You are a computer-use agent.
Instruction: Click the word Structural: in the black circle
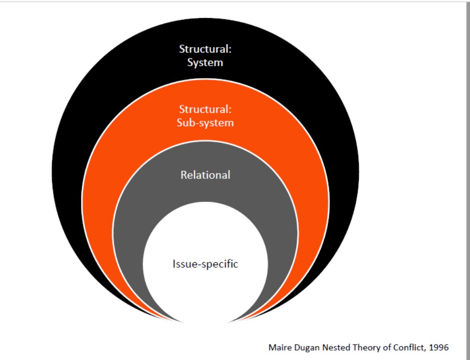(205, 49)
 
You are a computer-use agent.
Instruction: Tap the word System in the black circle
(205, 63)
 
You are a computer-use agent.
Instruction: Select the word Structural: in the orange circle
(205, 110)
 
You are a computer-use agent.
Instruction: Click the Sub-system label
(205, 123)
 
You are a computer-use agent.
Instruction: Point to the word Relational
(205, 175)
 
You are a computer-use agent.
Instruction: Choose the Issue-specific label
(205, 264)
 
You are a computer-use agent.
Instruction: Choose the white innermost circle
(205, 291)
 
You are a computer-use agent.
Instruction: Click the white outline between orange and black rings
(205, 78)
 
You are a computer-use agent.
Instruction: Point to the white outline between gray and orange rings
(205, 141)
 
